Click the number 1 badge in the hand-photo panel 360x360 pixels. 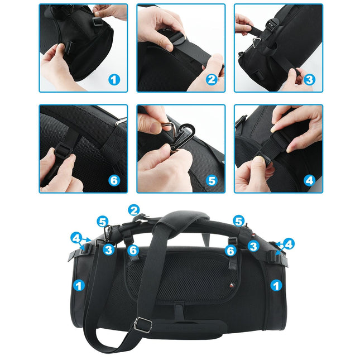coord(114,80)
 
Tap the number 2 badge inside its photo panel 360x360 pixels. coord(211,80)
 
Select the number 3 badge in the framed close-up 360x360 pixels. coord(309,80)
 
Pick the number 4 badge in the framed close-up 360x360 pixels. coord(309,180)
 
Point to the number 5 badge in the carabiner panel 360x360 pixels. coord(211,180)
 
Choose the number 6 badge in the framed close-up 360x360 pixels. coord(114,180)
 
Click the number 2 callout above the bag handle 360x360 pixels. coord(133,210)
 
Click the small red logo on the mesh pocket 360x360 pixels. coord(232,285)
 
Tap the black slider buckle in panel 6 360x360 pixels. coord(61,150)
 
